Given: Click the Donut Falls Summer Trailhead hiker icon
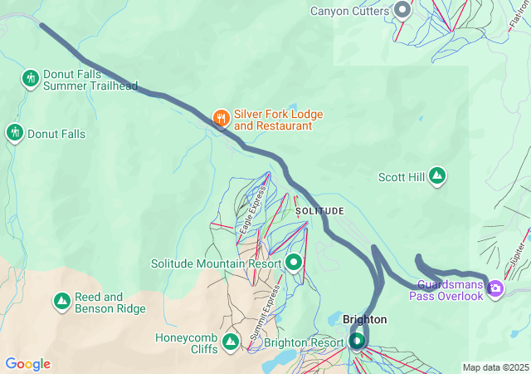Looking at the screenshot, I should click(x=31, y=78).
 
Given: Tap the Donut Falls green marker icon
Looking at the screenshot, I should click(x=14, y=133).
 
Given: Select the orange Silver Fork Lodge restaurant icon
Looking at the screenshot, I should click(x=221, y=118).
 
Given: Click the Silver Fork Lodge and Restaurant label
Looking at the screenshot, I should click(x=278, y=120).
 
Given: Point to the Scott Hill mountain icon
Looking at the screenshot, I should click(x=437, y=176).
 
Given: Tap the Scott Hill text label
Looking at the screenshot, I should click(x=401, y=177).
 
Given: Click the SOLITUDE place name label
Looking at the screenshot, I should click(x=319, y=211).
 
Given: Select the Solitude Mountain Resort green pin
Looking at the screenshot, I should click(x=294, y=263).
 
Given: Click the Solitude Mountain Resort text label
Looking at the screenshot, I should click(x=216, y=263).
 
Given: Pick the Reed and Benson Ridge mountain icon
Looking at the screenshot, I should click(x=61, y=303).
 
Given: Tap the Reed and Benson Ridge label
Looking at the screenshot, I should click(x=110, y=303).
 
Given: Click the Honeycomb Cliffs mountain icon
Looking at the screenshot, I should click(x=231, y=340).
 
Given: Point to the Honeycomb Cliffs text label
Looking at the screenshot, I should click(x=187, y=343).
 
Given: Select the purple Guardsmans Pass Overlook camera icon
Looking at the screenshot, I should click(x=496, y=289).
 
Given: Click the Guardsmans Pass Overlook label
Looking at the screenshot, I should click(x=446, y=290).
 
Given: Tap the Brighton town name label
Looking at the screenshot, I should click(x=364, y=319).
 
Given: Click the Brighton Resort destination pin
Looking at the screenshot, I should click(x=357, y=340).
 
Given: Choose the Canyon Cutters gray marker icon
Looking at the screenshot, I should click(x=403, y=11).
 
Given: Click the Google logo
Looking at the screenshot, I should click(x=27, y=364).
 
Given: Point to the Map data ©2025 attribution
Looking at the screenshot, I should click(x=494, y=367).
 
